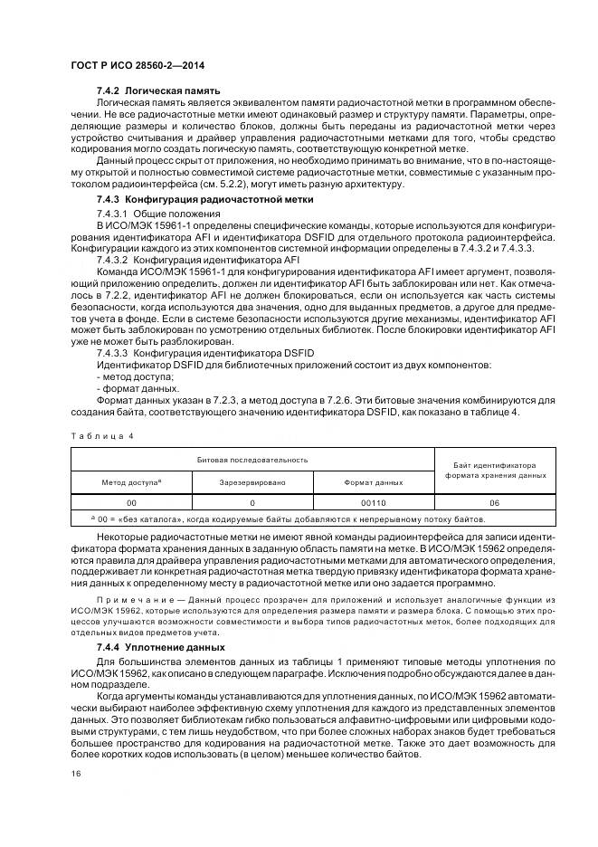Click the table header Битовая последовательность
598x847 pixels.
[x=253, y=460]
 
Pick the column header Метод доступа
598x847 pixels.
[x=131, y=483]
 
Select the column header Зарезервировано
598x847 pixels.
[x=252, y=483]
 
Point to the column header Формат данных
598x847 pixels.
[x=374, y=483]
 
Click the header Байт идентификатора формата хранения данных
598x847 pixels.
[x=495, y=471]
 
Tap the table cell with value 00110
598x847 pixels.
[x=374, y=502]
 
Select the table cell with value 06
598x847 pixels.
[x=495, y=502]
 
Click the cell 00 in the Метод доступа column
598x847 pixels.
[x=131, y=502]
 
